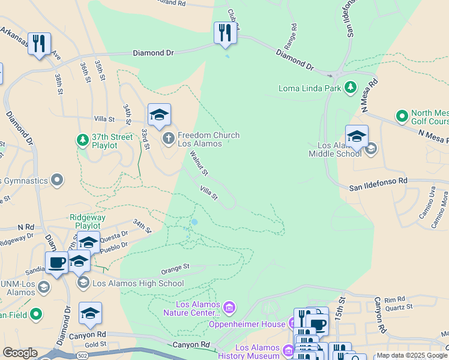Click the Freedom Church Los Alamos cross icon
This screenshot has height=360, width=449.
pyautogui.click(x=168, y=139)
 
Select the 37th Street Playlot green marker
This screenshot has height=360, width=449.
pyautogui.click(x=82, y=140)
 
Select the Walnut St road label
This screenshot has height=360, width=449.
pyautogui.click(x=199, y=163)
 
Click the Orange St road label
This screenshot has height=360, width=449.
pyautogui.click(x=175, y=266)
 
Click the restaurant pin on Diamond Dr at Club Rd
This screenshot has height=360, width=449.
pyautogui.click(x=225, y=32)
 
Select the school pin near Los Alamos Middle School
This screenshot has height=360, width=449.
pyautogui.click(x=357, y=135)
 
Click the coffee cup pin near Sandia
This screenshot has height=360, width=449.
pyautogui.click(x=57, y=262)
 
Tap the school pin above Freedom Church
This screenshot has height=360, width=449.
pyautogui.click(x=159, y=114)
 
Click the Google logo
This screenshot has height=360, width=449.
pyautogui.click(x=19, y=353)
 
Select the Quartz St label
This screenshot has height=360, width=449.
pyautogui.click(x=399, y=306)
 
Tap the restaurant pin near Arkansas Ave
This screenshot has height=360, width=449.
pyautogui.click(x=39, y=43)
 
